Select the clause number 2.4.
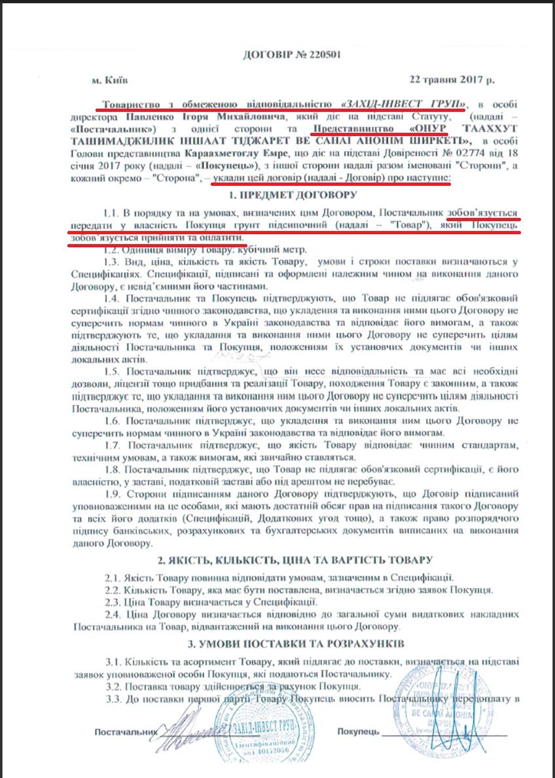click(x=113, y=614)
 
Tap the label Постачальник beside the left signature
click(x=126, y=730)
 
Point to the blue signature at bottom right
click(x=452, y=713)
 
